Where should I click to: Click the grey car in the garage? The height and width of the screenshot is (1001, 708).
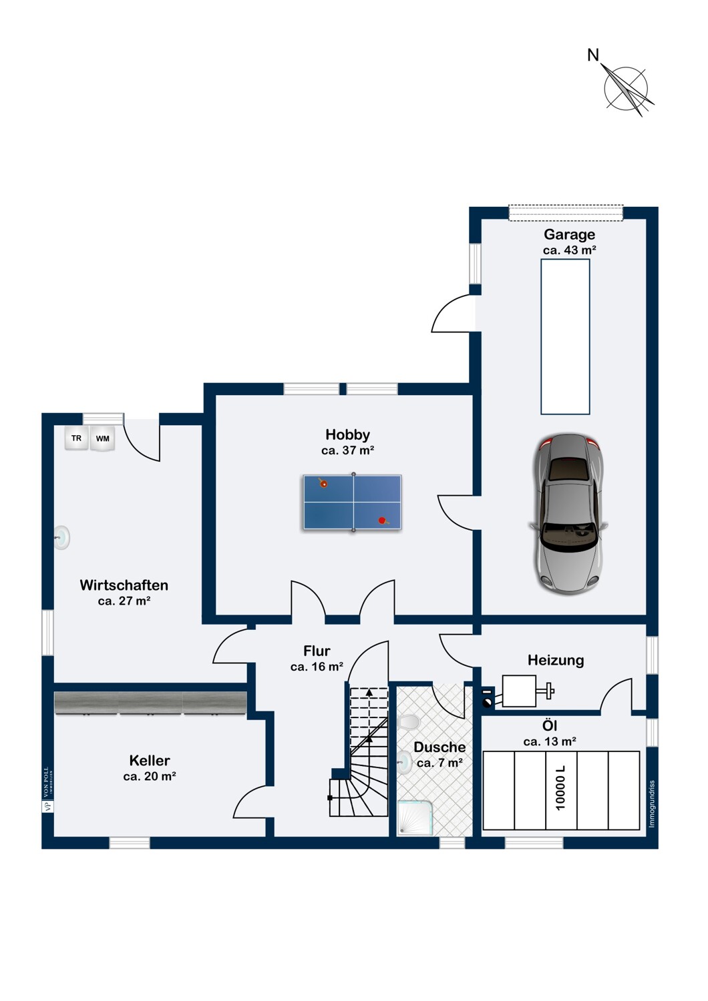569,514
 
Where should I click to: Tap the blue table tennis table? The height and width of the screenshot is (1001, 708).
352,503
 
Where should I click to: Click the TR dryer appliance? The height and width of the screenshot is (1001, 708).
77,438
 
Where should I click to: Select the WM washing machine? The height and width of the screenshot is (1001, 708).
102,438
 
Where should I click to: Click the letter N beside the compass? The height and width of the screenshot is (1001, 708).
592,55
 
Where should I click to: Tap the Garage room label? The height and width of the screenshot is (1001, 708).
569,234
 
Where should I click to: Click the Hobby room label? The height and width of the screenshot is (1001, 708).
347,434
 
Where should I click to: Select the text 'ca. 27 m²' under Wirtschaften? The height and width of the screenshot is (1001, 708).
124,601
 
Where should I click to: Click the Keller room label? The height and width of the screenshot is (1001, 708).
150,760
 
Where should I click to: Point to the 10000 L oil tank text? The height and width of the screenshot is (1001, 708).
560,788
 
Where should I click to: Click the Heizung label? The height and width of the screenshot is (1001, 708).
556,660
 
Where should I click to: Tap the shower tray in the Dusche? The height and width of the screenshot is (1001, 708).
415,817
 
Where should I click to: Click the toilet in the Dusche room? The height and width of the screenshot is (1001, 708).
408,722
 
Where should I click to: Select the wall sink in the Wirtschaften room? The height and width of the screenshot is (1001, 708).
62,537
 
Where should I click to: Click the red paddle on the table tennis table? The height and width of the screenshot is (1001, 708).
382,521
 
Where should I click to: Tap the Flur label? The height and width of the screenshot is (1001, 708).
317,651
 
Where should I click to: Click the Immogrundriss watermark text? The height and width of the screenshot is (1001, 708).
652,804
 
